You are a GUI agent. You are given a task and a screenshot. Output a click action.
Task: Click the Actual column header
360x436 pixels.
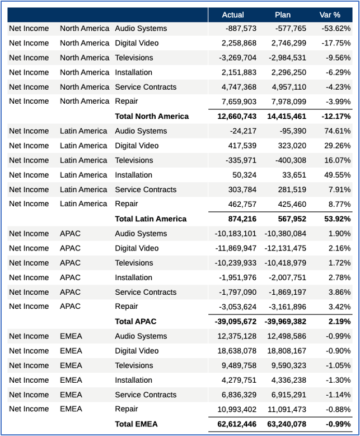(233, 15)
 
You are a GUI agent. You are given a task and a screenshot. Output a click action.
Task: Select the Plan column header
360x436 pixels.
(283, 15)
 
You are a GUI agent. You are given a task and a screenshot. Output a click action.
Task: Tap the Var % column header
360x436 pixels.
(330, 15)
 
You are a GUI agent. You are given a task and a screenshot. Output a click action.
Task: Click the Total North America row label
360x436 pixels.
(152, 117)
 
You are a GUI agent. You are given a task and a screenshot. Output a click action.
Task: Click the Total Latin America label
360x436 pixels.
(151, 219)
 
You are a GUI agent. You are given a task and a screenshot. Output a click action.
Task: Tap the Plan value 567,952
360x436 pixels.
(291, 219)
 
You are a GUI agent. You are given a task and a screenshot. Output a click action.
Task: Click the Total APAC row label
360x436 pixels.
(135, 322)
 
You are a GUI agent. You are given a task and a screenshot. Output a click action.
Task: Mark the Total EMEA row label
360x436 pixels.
(137, 424)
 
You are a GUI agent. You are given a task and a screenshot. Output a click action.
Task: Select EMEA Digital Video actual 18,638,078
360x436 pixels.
(236, 351)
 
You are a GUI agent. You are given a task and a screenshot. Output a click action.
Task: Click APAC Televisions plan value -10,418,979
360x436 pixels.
(285, 263)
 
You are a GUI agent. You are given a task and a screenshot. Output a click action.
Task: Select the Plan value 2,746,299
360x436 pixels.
(289, 43)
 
